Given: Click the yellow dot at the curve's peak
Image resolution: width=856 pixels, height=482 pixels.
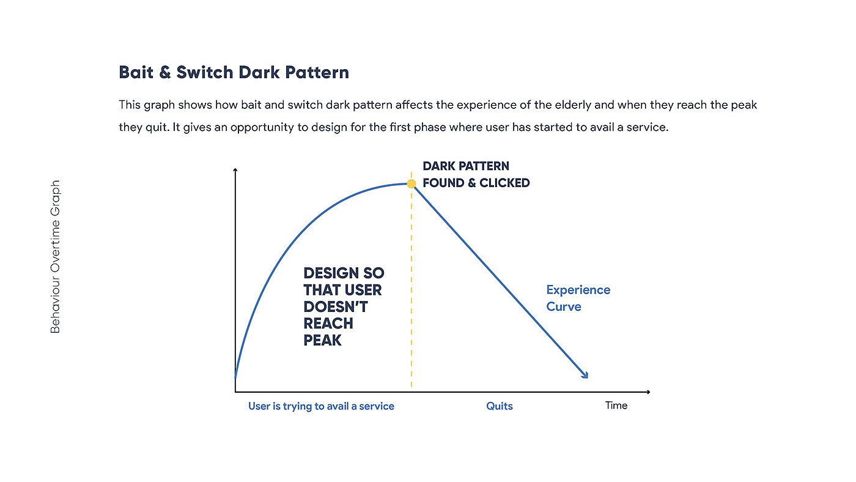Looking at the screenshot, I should click(411, 184).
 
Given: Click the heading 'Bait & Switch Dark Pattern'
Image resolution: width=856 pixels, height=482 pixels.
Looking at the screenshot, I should click(234, 72).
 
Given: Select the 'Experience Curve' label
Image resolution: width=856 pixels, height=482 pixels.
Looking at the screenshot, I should click(578, 298).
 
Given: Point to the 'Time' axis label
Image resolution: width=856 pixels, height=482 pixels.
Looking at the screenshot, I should click(616, 405).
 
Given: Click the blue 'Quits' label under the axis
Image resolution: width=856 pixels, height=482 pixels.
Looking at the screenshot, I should click(500, 406).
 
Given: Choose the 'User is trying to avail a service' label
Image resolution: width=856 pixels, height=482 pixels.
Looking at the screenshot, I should click(321, 406).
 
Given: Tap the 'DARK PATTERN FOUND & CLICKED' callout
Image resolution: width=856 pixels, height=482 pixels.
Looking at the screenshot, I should click(476, 174).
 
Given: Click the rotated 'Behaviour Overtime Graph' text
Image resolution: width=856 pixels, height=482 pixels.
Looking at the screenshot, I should click(56, 256).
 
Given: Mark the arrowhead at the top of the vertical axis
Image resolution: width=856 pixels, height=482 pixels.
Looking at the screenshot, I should click(235, 170).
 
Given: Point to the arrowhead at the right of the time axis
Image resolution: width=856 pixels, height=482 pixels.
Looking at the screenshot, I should click(648, 392).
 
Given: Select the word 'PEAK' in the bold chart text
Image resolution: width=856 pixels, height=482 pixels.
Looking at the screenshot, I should click(322, 340).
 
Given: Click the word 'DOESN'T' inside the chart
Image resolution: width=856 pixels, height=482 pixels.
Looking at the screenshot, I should click(336, 306).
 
